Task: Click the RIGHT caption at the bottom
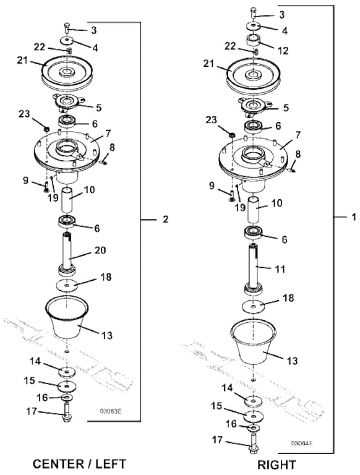point(276,464)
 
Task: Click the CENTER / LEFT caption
point(79,464)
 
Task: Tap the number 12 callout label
point(283,51)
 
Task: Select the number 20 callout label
point(100,250)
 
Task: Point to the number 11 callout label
point(280,268)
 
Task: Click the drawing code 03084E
point(302,443)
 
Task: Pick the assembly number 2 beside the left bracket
point(165,219)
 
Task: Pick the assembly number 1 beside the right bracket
point(353,217)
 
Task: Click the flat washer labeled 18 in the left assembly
point(66,285)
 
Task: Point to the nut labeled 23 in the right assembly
point(232,134)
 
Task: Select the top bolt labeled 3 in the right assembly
point(254,14)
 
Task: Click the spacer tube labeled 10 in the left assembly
point(67,200)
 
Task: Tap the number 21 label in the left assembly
point(22,61)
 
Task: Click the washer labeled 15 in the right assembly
point(253,416)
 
